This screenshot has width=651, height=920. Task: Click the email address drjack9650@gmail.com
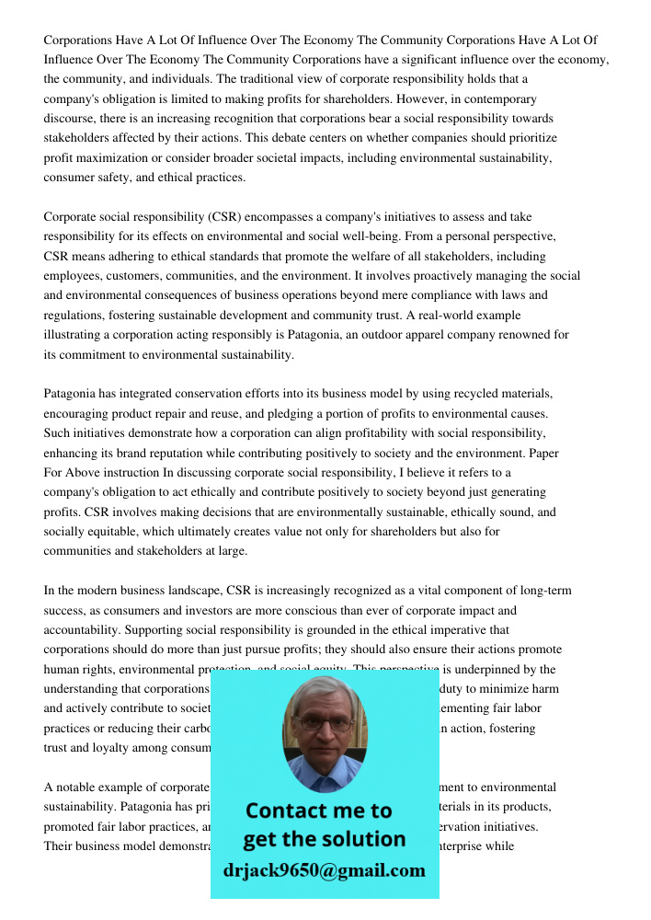point(324,870)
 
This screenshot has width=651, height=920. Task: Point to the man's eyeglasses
point(324,721)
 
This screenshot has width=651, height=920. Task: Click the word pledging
point(326,413)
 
